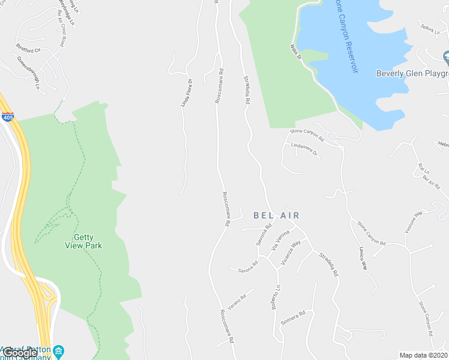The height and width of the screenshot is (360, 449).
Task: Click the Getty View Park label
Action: click(x=83, y=241)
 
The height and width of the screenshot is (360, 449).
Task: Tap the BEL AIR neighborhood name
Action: click(x=276, y=215)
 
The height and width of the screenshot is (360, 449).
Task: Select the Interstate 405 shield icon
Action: click(x=8, y=116)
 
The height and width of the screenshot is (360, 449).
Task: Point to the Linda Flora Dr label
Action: click(x=186, y=93)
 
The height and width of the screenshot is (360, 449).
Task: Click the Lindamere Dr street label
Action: click(x=303, y=150)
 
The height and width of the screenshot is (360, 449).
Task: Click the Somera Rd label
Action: click(x=294, y=317)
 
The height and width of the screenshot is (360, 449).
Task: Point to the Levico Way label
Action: click(x=363, y=257)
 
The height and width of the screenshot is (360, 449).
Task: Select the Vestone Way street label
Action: click(x=414, y=221)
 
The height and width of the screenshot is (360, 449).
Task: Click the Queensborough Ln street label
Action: click(x=28, y=73)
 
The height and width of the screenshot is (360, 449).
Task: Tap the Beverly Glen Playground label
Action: click(x=412, y=74)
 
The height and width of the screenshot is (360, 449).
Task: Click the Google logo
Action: click(x=20, y=353)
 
